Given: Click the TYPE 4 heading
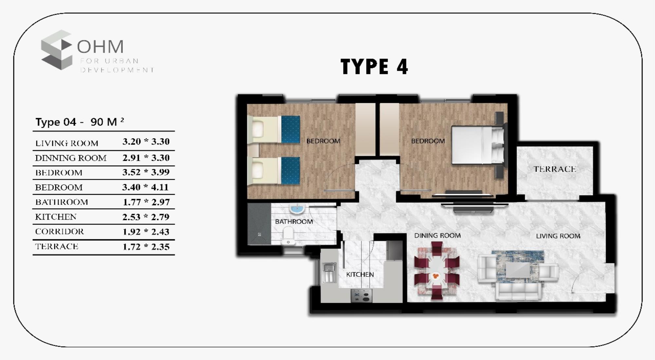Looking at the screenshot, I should tap(374, 67).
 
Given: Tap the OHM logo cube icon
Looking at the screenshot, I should tap(56, 50).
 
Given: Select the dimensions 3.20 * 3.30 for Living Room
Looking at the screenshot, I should tap(146, 142).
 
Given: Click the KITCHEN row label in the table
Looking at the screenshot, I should tap(56, 217).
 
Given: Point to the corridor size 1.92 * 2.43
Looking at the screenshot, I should tap(146, 232).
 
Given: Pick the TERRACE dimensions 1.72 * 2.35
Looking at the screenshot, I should tap(146, 247).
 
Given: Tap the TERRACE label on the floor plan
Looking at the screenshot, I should tap(554, 169).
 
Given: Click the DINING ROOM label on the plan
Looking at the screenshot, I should tap(437, 236).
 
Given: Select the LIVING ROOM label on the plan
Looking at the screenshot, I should tap(558, 236).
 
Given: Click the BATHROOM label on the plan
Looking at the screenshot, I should tap(294, 222).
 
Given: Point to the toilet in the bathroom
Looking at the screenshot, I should tap(288, 236).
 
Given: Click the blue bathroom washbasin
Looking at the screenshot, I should tap(297, 208).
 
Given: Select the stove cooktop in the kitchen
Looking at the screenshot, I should tap(362, 296).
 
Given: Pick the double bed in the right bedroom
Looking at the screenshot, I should tap(477, 145).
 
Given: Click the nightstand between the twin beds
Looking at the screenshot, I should tap(253, 151).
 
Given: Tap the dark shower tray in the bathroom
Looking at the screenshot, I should tap(259, 224).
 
